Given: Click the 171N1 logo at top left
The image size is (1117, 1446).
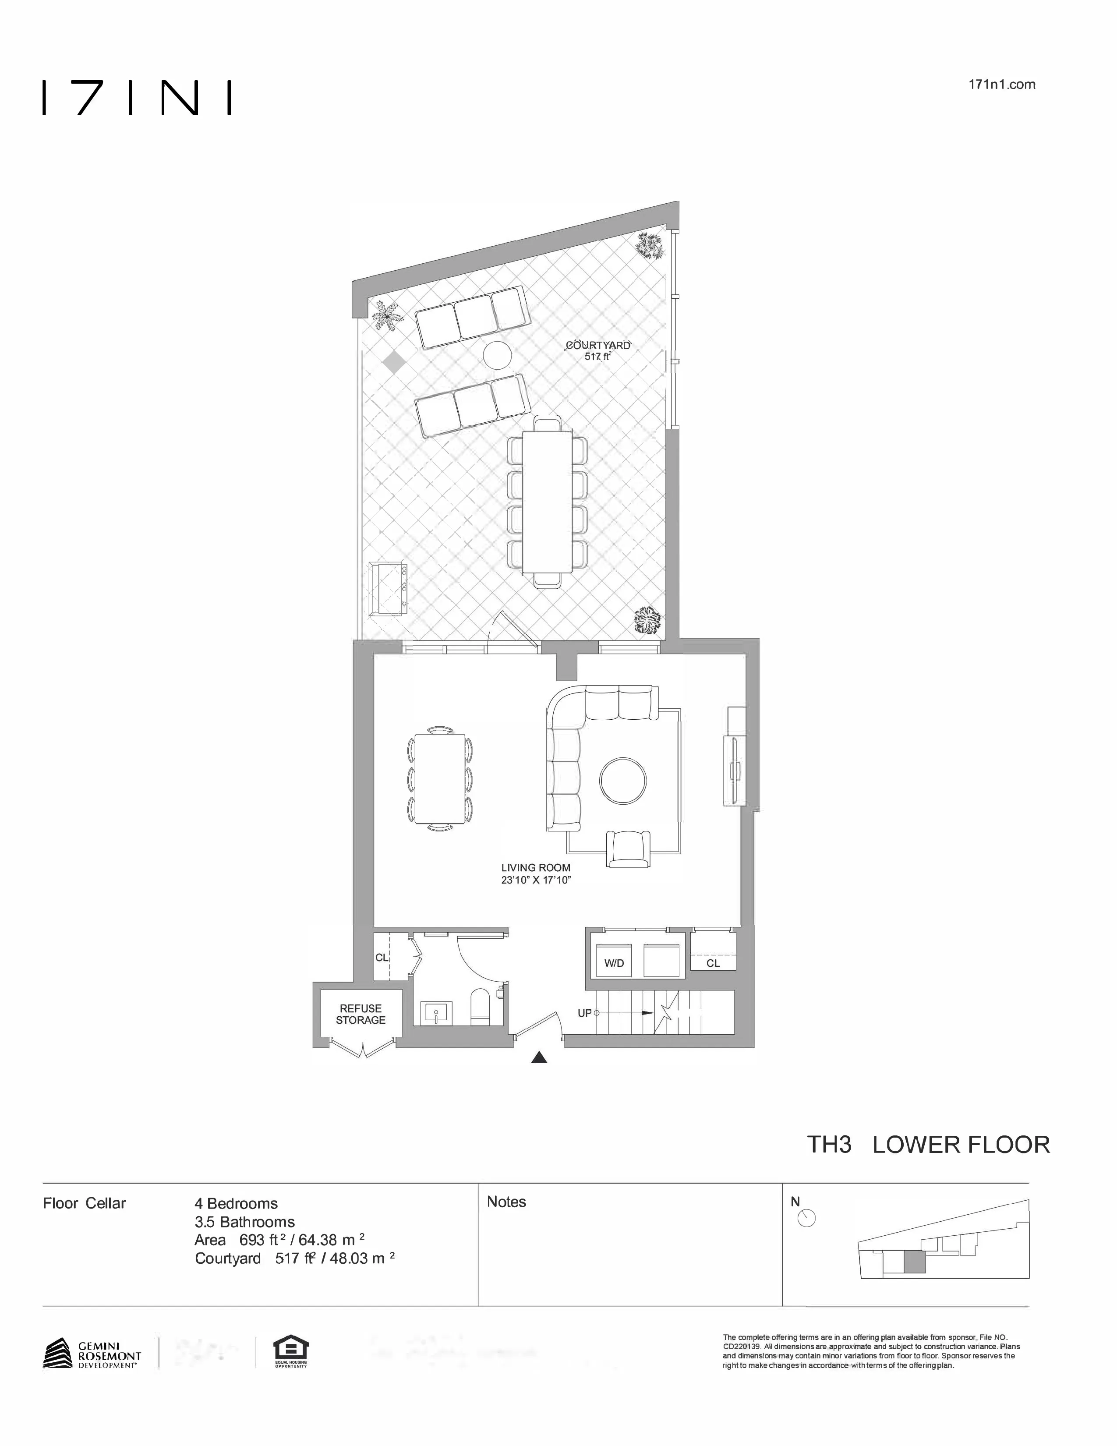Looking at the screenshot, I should coord(137,98).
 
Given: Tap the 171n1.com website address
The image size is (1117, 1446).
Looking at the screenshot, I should coord(1001,85).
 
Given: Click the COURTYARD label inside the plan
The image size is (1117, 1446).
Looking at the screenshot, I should coord(597,345).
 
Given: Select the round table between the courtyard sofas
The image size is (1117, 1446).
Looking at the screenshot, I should coord(497,356).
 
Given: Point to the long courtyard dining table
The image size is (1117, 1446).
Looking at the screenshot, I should coord(547,502).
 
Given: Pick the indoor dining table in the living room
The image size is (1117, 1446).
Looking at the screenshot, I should coord(440,779).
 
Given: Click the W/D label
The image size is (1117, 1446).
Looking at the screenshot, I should coord(614,963).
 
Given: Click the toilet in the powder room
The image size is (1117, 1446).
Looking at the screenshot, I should coord(478,1007).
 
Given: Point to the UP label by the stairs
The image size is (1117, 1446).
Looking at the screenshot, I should coord(584,1013).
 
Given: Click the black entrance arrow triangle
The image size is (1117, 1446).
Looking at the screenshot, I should coord(539,1058).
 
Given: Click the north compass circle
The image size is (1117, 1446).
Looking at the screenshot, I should coord(806,1218).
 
